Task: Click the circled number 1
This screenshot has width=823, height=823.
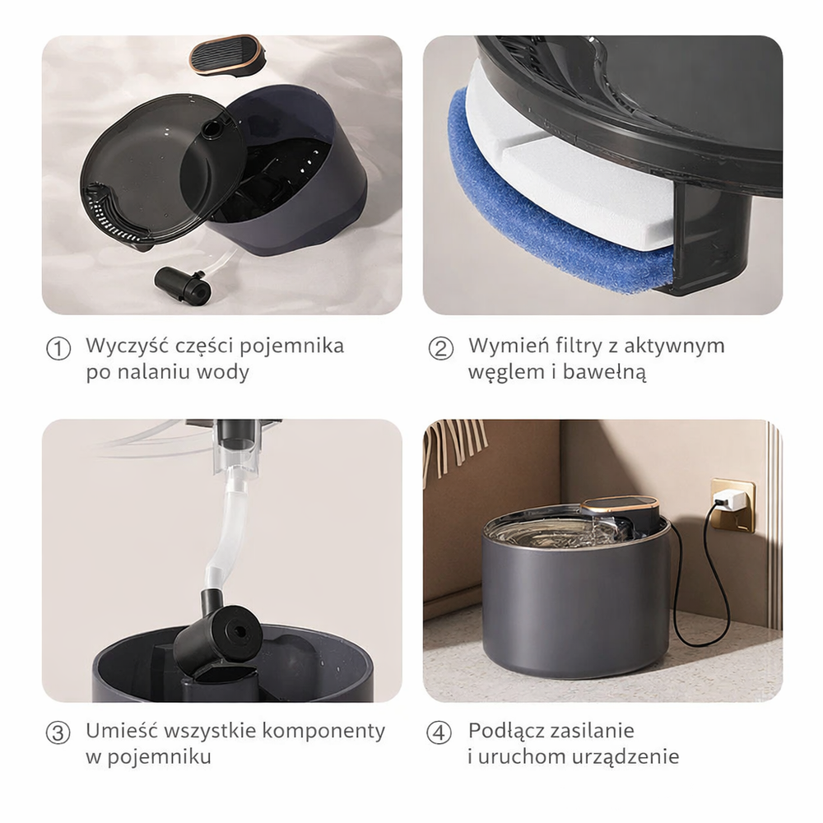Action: pos(58,349)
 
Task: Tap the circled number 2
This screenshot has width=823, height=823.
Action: pos(441,349)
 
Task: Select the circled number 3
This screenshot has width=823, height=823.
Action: pos(58,733)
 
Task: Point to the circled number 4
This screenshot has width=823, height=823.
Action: pos(441,733)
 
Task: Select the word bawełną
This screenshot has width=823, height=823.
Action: pos(606,372)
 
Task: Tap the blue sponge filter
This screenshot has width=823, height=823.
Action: pos(543,222)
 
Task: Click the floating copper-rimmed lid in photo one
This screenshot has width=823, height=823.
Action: pos(226,54)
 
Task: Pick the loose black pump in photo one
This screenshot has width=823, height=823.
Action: pos(182,285)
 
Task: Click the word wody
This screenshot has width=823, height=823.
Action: pos(223,372)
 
